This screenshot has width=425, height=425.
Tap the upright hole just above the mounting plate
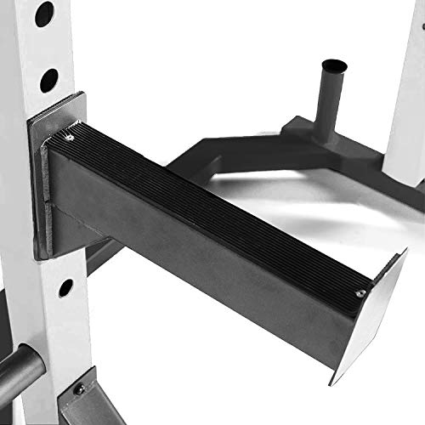(x=48, y=80)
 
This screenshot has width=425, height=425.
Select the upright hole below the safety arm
(x=65, y=286)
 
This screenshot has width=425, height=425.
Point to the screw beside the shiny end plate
(x=360, y=292)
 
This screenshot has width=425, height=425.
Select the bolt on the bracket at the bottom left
(x=79, y=388)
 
